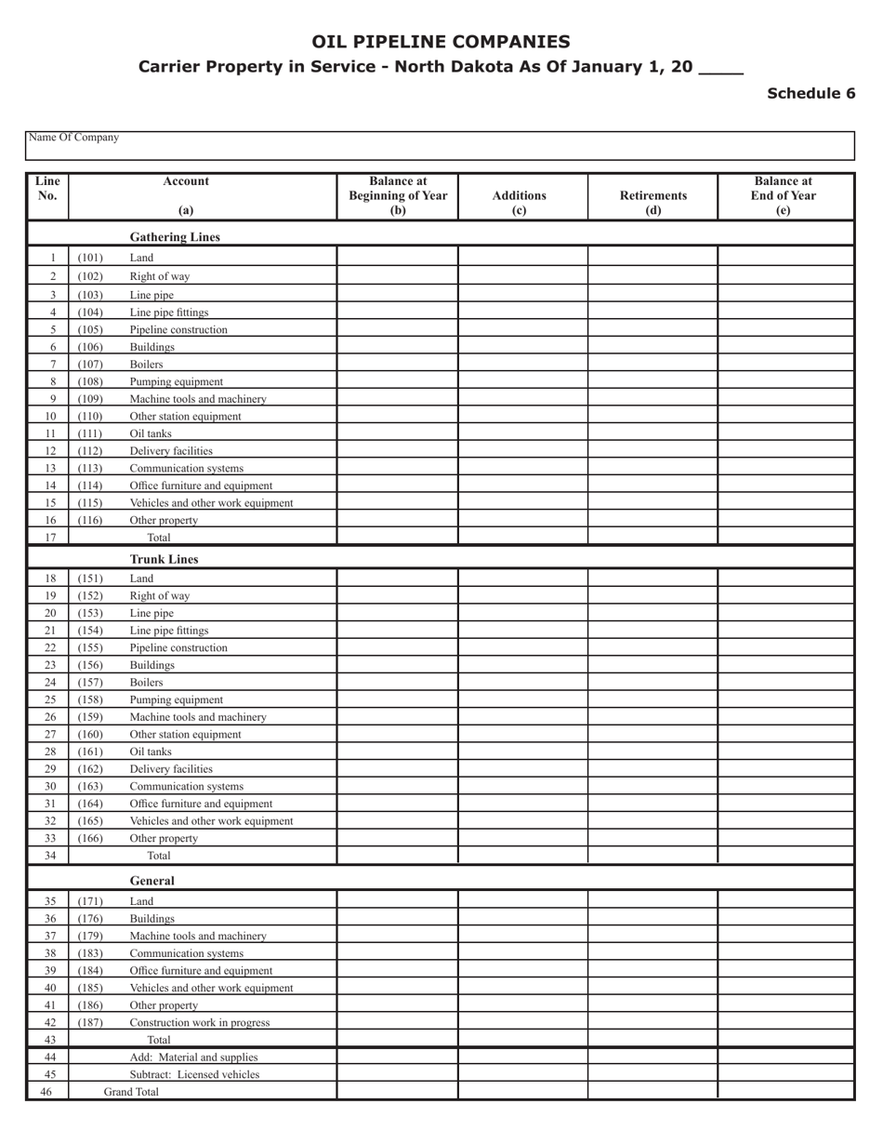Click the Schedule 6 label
(811, 93)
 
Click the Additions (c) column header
(520, 202)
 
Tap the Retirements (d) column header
(653, 202)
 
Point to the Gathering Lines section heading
(175, 237)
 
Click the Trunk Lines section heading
(164, 560)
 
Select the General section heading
(152, 880)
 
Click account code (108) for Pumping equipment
(90, 381)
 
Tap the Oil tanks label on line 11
(151, 433)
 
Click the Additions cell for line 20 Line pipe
(522, 613)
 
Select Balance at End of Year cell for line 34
(785, 855)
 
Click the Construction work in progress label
(200, 1022)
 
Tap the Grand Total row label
(131, 1092)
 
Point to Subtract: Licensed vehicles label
(194, 1074)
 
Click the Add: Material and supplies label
(193, 1057)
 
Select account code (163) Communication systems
(90, 786)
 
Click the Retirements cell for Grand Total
(652, 1092)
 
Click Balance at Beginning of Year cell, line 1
(397, 257)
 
